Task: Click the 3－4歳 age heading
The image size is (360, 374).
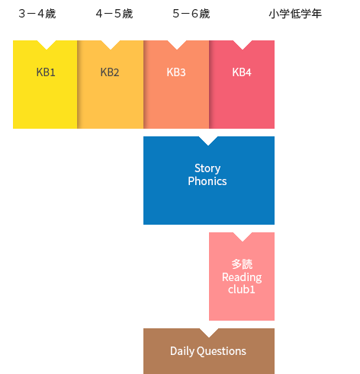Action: click(x=37, y=14)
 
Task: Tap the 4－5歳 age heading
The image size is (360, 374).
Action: click(x=114, y=14)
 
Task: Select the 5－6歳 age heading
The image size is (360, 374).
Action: click(x=191, y=14)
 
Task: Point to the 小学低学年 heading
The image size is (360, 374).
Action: click(x=295, y=14)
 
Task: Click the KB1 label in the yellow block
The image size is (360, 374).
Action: click(x=46, y=72)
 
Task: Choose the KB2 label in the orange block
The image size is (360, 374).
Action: click(x=110, y=72)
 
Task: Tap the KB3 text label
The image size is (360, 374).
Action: click(x=176, y=72)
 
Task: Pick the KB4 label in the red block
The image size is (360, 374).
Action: click(x=242, y=72)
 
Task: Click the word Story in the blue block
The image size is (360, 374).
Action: click(x=207, y=168)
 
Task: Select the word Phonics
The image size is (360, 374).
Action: click(x=207, y=181)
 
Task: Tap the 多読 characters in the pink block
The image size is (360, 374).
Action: click(x=242, y=264)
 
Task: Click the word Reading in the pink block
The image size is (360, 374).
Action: click(x=242, y=277)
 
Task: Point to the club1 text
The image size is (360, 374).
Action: click(x=242, y=289)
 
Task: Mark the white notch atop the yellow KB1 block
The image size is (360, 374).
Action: click(x=47, y=44)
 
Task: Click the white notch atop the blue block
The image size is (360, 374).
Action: click(x=208, y=140)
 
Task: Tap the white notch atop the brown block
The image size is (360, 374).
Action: click(x=209, y=332)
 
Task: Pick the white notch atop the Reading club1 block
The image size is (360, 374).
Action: click(x=243, y=236)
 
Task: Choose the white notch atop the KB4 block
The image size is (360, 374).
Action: click(x=243, y=44)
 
